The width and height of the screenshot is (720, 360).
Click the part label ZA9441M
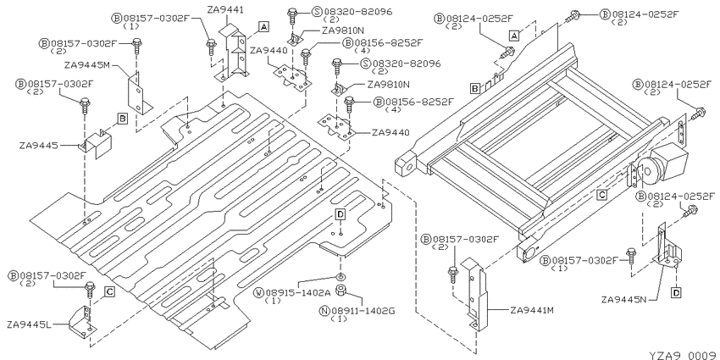click(532, 310)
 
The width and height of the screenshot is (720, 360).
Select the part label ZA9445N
click(624, 300)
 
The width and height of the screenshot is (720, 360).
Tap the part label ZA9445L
click(29, 324)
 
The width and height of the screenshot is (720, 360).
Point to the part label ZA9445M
click(87, 66)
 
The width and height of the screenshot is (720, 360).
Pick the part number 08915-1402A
click(298, 292)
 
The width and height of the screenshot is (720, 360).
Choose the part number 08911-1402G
click(363, 311)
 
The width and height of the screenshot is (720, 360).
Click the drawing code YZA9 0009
click(684, 355)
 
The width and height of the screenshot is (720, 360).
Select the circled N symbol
click(324, 311)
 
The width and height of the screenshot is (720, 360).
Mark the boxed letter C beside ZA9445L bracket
click(109, 291)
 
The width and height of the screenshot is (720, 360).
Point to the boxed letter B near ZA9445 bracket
click(122, 119)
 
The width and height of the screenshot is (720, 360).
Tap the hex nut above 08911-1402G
click(341, 291)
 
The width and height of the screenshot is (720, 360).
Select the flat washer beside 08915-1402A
click(341, 277)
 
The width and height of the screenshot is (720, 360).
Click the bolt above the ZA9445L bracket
click(90, 290)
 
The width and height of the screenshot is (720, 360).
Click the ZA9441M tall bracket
click(474, 294)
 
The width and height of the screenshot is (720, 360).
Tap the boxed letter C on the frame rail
click(602, 195)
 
